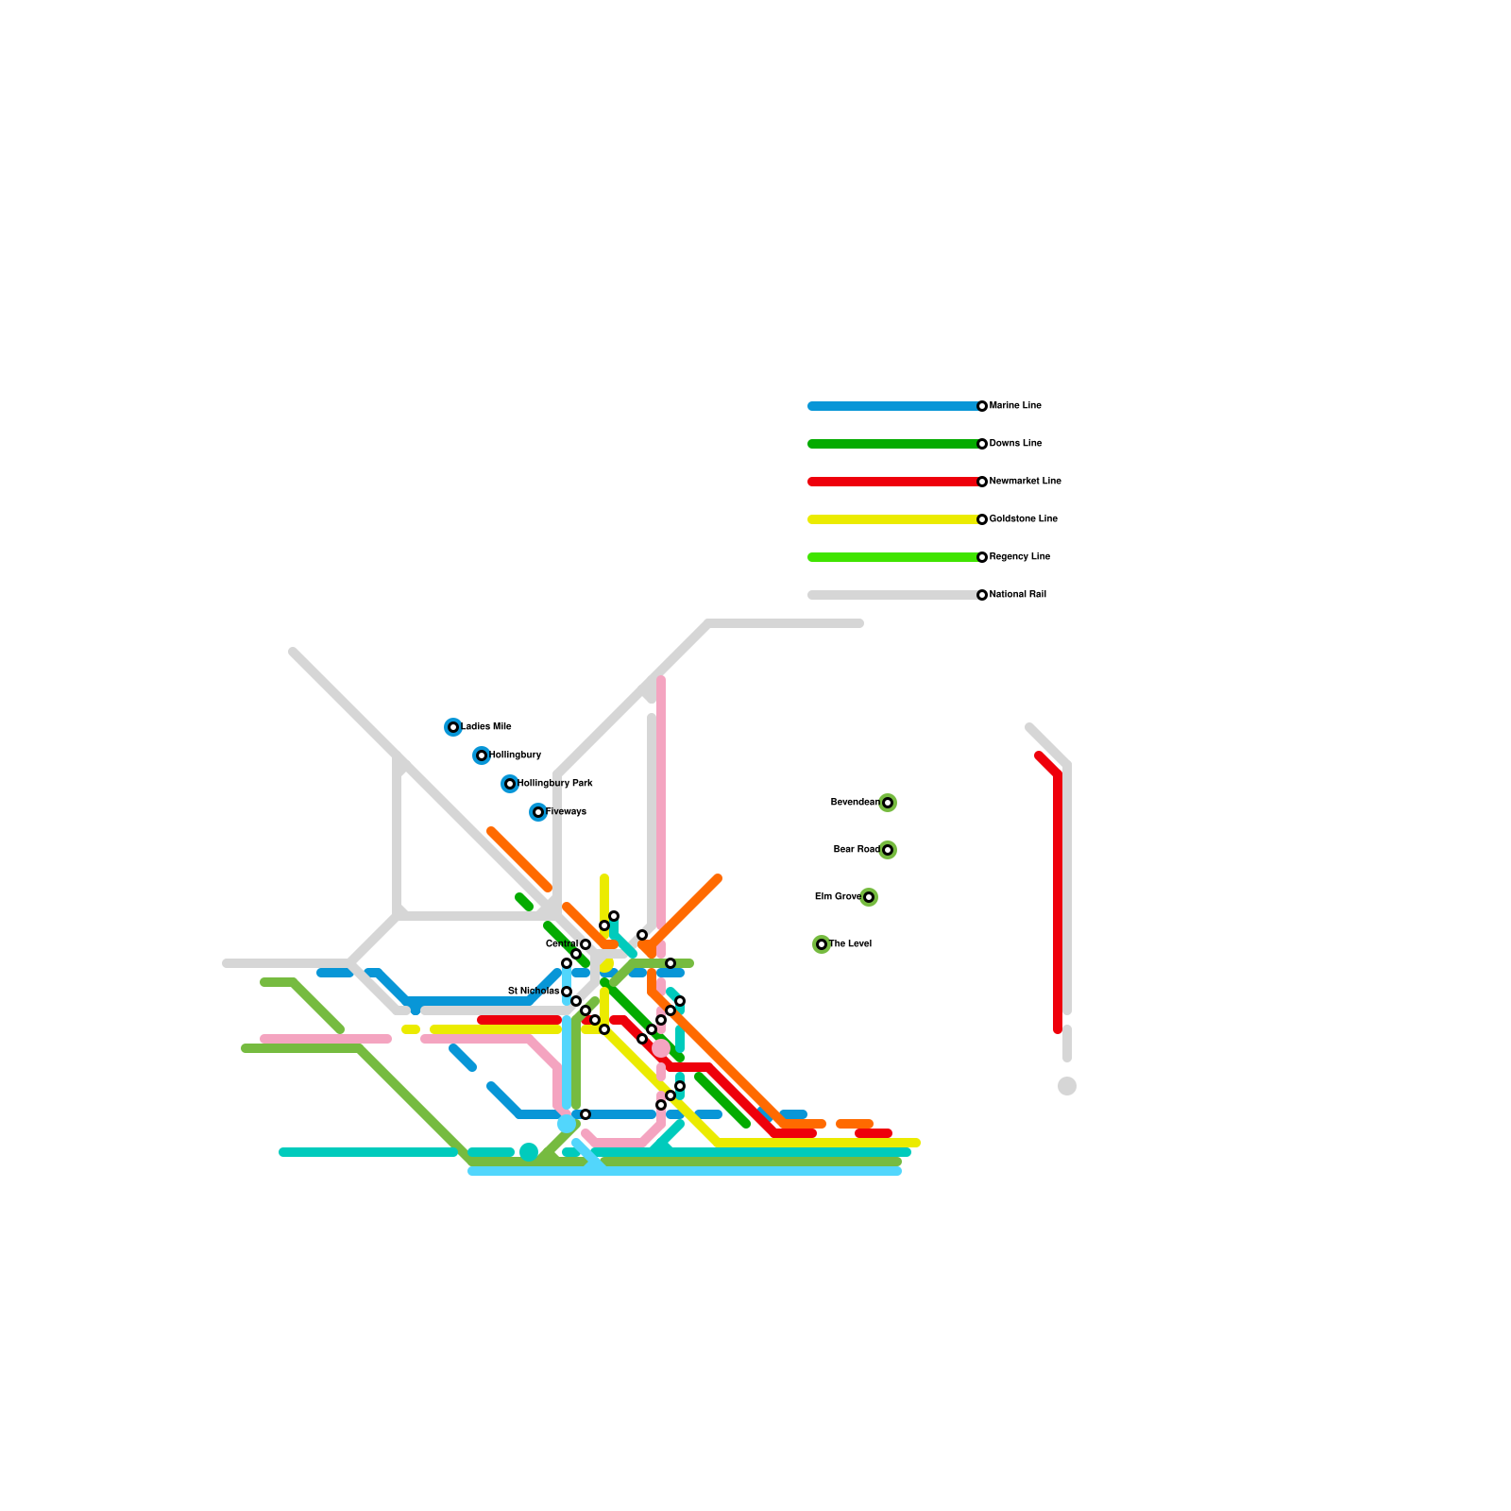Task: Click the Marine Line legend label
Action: [1015, 406]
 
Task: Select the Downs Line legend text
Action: [1015, 444]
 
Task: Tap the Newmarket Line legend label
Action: [1025, 482]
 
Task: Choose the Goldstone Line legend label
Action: [1023, 519]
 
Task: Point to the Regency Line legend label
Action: [1019, 557]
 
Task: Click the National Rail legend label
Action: [1017, 595]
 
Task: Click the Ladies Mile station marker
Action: [453, 727]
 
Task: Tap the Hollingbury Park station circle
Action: [510, 784]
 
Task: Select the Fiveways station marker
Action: [538, 812]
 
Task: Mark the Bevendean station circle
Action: [888, 803]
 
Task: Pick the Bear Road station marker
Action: [888, 850]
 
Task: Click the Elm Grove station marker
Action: [869, 897]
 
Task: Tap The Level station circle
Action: [822, 944]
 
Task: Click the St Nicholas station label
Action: [534, 992]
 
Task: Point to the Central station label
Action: [562, 944]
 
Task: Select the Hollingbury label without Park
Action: [516, 755]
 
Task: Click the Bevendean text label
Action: [855, 803]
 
